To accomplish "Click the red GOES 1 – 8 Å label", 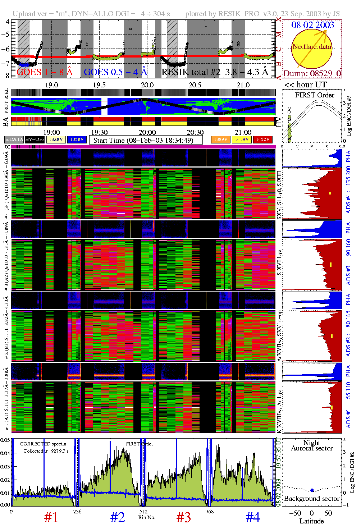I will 45,72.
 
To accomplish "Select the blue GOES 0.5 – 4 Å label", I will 115,72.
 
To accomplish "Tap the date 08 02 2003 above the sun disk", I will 312,25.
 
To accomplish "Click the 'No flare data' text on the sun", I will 312,47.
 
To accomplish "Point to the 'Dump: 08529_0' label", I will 312,74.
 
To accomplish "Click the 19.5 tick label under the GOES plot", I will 99,85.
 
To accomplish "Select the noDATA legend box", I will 14,139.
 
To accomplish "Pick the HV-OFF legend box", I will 35,139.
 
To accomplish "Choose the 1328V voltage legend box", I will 56,139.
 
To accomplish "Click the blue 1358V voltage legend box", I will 77,139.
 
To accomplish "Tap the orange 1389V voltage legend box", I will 220,139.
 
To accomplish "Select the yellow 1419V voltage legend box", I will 242,139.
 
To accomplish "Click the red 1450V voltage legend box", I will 263,139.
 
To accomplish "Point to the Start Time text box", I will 146,140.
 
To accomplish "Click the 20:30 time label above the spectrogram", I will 195,132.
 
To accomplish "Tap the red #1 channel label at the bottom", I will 51,517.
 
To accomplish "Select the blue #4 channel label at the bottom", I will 253,517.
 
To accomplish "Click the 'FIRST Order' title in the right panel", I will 315,95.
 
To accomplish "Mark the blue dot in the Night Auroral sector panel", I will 312,490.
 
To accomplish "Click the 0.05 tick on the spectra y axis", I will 5,440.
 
